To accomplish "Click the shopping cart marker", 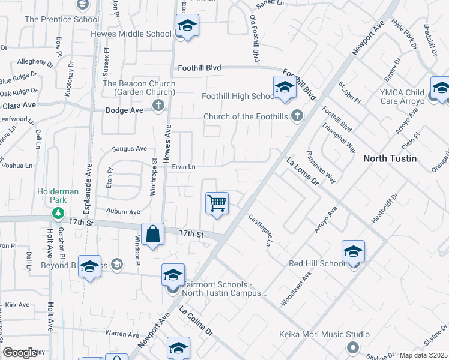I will pos(217,203).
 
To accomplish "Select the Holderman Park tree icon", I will pos(58,212).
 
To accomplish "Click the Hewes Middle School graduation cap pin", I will pos(187,26).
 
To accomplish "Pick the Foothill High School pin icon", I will pos(285,88).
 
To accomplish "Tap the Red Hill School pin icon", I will pos(354,251).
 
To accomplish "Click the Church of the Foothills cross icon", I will pos(297,116).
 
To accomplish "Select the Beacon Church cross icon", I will pos(158,106).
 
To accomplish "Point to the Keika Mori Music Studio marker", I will pos(352,347).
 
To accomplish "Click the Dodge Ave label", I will pos(122,110).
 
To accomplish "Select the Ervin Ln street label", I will pos(184,166).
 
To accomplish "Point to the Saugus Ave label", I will pos(130,149).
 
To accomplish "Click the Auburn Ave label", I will pos(123,211).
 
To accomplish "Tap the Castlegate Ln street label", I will pos(260,230).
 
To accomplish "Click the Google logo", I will pos(20,353).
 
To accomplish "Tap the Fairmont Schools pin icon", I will pos(173,275).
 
